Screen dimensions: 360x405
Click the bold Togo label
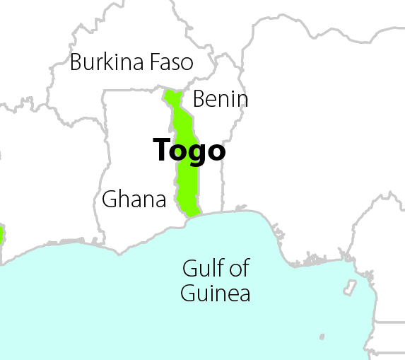[189, 150]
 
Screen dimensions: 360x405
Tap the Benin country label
[220, 99]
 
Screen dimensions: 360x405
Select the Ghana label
[134, 199]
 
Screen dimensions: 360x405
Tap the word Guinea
[216, 293]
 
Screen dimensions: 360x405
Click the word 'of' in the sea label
[240, 269]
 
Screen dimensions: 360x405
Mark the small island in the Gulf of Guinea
[349, 287]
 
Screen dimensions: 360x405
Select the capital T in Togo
[161, 149]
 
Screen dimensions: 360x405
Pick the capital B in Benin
[199, 99]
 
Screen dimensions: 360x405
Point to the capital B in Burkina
[76, 62]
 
